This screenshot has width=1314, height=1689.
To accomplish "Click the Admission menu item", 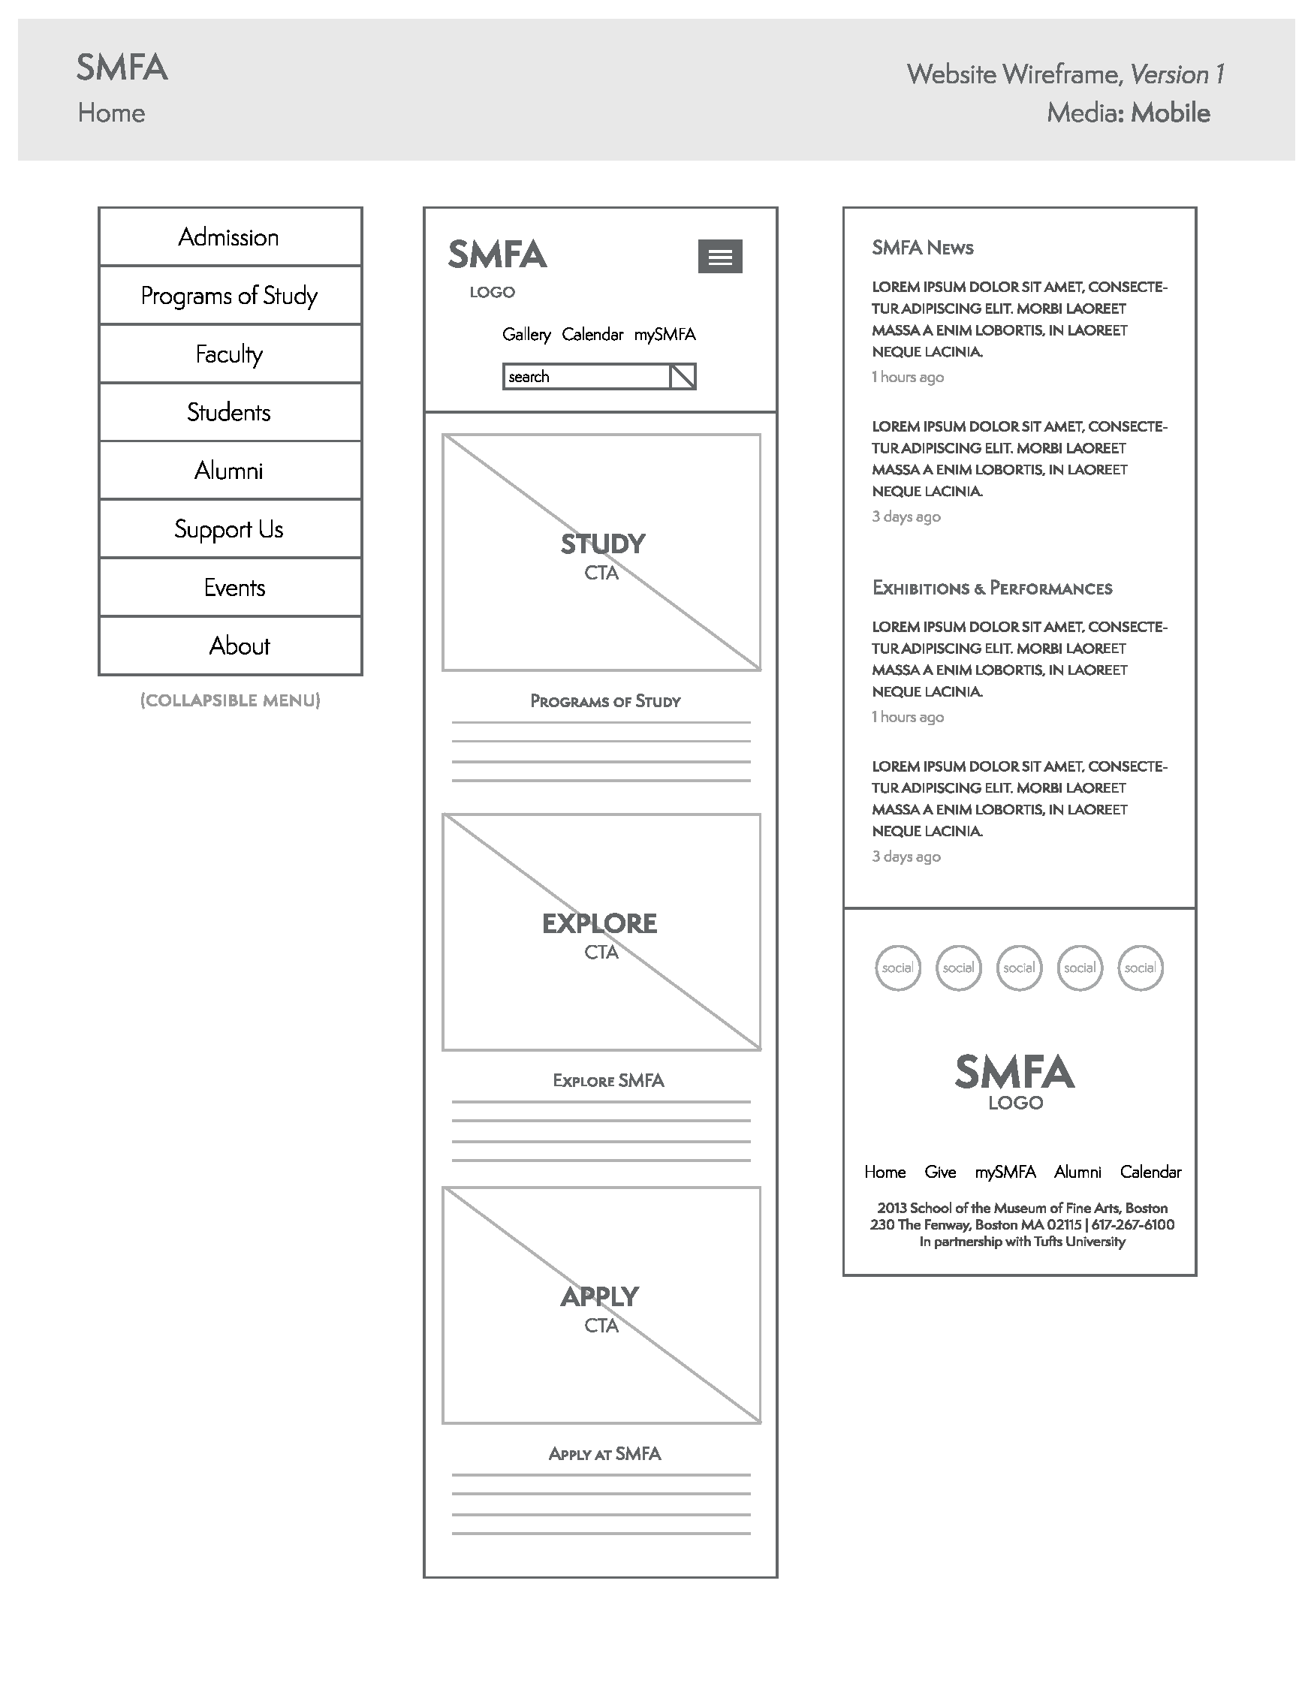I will pos(229,237).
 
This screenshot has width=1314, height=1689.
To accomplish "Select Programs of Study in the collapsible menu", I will pos(229,296).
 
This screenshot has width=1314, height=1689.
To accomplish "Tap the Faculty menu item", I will pos(229,354).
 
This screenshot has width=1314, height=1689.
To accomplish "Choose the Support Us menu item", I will pos(229,529).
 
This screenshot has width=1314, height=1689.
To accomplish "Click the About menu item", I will pos(239,646).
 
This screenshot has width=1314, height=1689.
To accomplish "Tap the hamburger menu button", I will pos(719,257).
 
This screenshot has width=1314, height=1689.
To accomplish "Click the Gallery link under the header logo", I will pos(526,335).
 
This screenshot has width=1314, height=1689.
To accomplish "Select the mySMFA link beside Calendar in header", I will pos(665,335).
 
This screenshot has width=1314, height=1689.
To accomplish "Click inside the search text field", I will pos(586,377).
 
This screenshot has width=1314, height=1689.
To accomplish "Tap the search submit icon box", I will pos(682,377).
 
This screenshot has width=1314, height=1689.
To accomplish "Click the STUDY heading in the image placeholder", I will pos(602,544).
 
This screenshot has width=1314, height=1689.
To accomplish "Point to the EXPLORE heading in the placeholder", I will pos(599,923).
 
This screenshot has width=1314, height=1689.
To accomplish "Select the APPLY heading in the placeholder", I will pos(599,1297).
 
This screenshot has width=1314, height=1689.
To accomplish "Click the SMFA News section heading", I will pos(922,248).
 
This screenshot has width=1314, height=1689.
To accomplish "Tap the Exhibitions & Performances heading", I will pos(991,589).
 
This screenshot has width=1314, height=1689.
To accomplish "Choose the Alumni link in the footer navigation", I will pos(1077,1173).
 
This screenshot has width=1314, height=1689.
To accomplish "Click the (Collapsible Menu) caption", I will pos(230,700).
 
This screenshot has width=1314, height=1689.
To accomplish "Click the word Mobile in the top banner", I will pos(1169,113).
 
